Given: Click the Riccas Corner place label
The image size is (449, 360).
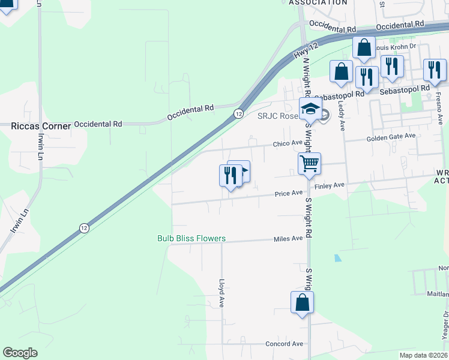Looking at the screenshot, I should pos(41,126).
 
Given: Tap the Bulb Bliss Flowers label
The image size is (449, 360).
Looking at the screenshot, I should pos(191,239).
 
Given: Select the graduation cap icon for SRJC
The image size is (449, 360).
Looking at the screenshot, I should pos(310,109).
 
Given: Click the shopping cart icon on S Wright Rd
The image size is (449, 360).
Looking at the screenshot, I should pos(310,163).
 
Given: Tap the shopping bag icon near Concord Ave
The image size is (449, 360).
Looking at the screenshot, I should pos(302,302).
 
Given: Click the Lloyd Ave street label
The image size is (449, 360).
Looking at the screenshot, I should pos(221,292).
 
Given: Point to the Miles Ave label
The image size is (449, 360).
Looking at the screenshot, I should pos(288,239).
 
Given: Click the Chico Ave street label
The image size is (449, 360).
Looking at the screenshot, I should pos(288,143).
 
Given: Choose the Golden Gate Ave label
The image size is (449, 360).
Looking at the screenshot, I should pos(391,137).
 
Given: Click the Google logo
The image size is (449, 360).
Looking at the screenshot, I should pos(20,353).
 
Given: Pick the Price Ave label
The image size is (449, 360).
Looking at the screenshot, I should pos(289,193).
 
